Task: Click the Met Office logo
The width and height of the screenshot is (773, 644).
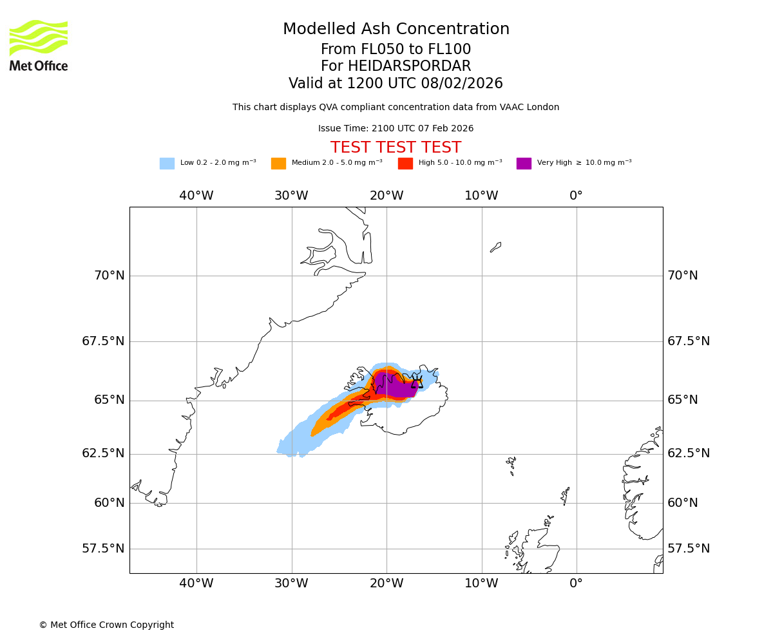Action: (x=39, y=45)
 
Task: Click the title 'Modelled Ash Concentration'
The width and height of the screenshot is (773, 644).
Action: (x=396, y=30)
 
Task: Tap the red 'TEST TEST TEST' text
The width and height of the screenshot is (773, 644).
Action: (x=396, y=147)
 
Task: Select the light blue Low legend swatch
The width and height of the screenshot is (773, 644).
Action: (x=167, y=164)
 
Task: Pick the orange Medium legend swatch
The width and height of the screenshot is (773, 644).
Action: (x=278, y=164)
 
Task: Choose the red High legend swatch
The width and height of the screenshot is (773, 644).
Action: (x=405, y=164)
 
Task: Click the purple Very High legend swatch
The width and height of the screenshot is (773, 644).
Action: (x=524, y=164)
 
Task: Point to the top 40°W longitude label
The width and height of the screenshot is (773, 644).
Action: (x=196, y=196)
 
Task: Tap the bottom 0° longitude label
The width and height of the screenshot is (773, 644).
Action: (x=577, y=583)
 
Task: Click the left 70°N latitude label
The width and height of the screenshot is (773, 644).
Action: (x=110, y=276)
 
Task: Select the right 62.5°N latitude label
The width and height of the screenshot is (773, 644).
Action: (x=689, y=453)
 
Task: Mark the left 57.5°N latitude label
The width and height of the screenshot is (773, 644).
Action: (x=103, y=549)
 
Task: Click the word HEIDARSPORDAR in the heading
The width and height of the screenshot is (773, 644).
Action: (x=409, y=66)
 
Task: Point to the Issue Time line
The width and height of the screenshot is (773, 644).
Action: (x=396, y=129)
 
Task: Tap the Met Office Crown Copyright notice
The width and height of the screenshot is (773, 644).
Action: (x=106, y=625)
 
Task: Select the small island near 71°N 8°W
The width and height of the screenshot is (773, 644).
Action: (x=495, y=247)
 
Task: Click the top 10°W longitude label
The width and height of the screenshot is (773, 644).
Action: (x=481, y=196)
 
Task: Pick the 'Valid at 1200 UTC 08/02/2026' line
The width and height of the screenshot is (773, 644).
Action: (x=396, y=84)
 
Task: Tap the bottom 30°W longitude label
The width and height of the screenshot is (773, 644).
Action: (x=291, y=583)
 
